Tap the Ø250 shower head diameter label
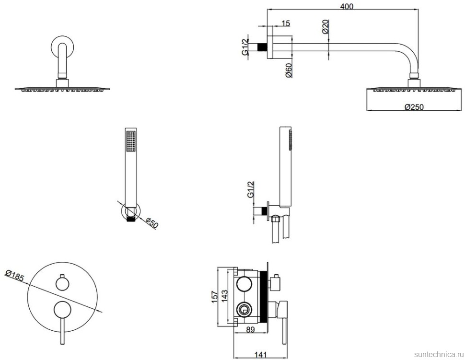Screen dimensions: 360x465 (413, 107)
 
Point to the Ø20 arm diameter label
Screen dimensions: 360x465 (325, 26)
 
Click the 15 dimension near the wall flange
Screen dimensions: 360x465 (286, 23)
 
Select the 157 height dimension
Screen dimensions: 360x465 (215, 296)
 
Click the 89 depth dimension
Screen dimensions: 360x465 (250, 330)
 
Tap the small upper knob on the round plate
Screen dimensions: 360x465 (61, 284)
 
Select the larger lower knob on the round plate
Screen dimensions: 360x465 (61, 310)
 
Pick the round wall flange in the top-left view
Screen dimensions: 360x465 (62, 49)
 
